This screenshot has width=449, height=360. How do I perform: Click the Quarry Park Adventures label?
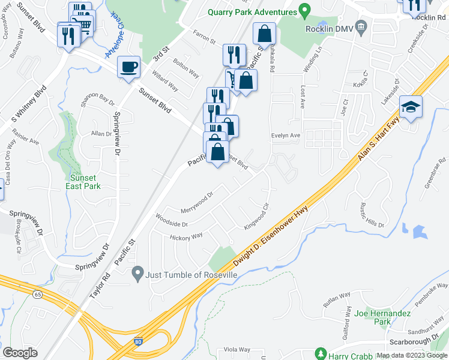click(252, 12)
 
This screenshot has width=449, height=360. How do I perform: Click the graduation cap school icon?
click(412, 107)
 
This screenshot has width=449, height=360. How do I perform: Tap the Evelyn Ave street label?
click(285, 136)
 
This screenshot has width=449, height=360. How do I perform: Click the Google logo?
click(20, 352)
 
